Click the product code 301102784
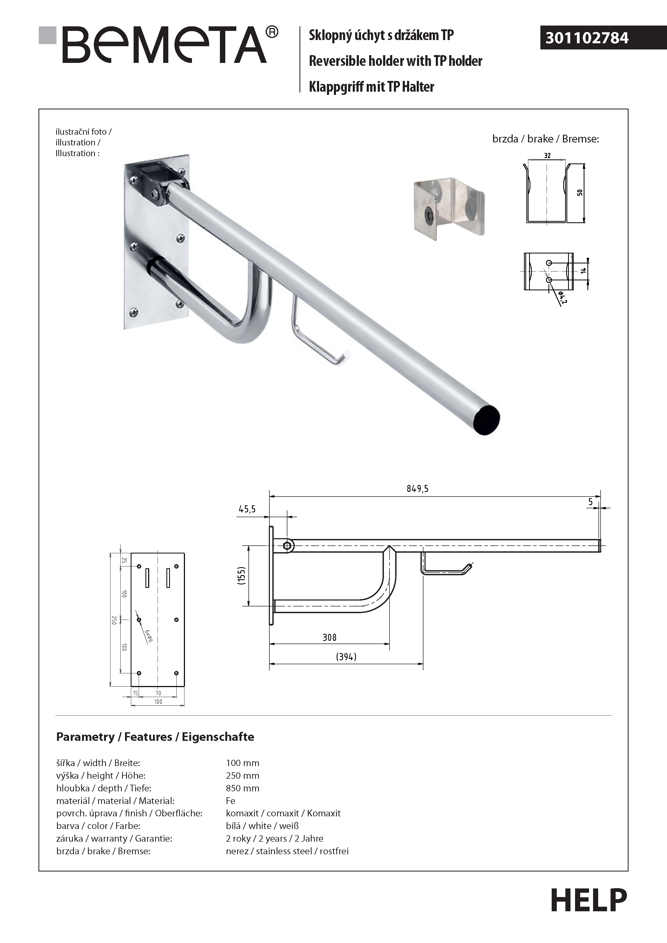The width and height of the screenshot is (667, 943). (x=587, y=38)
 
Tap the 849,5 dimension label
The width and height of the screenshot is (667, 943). (x=417, y=488)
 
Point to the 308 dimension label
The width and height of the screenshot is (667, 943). (x=329, y=637)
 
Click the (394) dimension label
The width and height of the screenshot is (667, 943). (x=346, y=657)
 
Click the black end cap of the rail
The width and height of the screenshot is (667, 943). (x=486, y=420)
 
